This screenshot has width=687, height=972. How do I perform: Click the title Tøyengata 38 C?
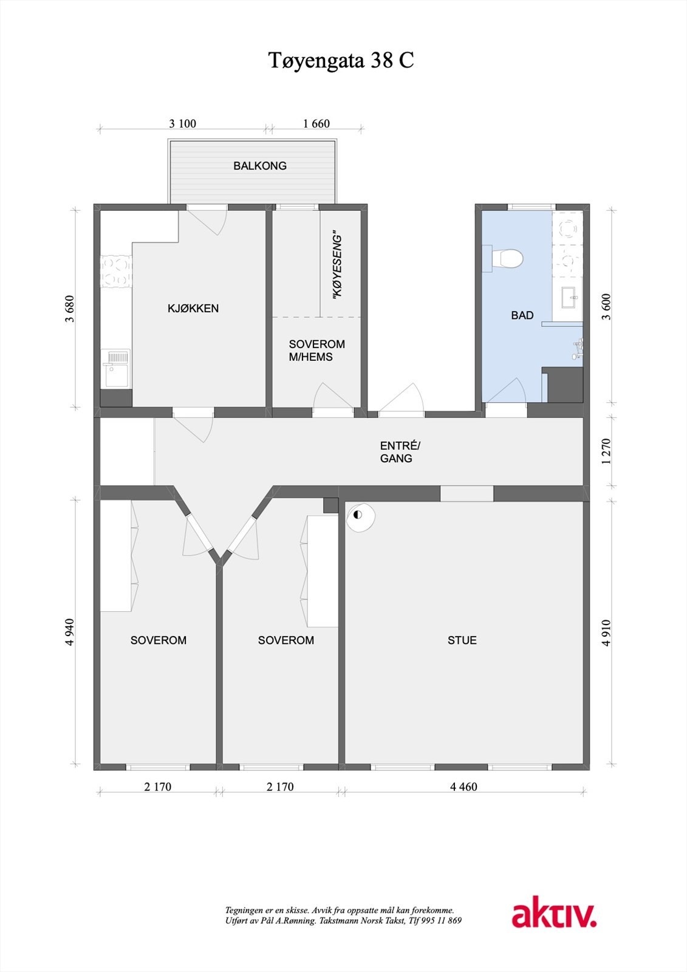[x=341, y=61]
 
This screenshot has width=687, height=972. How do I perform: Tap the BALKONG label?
[x=260, y=166]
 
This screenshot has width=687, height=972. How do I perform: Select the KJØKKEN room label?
[x=193, y=309]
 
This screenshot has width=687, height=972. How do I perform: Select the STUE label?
[x=462, y=640]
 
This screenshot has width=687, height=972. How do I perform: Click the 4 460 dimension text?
[x=463, y=787]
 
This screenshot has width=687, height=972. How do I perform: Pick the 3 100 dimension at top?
[x=182, y=124]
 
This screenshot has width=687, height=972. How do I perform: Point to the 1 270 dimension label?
[x=606, y=451]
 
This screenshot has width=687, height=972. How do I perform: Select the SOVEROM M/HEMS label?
[x=316, y=351]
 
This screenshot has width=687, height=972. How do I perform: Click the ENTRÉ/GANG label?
[x=400, y=452]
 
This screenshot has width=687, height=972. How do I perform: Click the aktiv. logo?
[x=553, y=915]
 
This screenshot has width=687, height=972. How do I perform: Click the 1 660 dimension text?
[x=316, y=124]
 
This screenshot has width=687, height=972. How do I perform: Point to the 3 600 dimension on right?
[x=606, y=307]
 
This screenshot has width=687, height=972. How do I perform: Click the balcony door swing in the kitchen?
[x=216, y=222]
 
